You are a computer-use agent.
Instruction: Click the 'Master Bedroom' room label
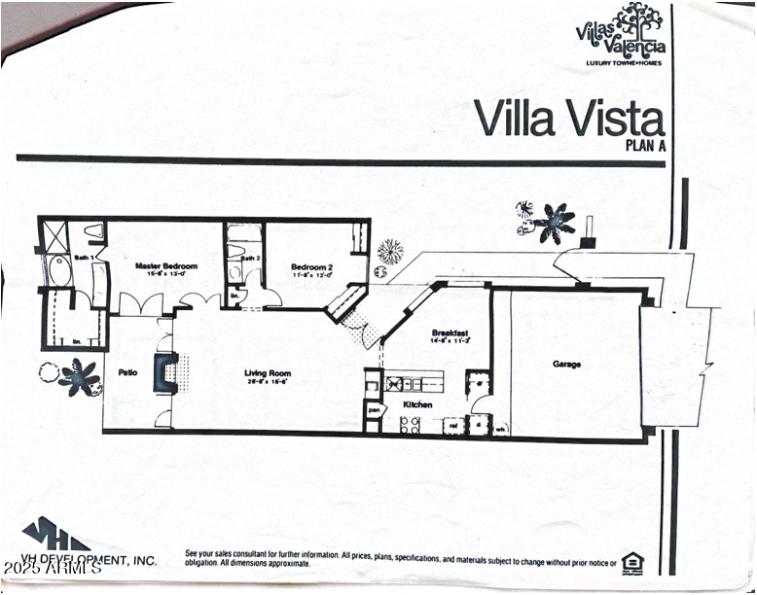[166, 266]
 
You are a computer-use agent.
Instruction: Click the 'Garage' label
[567, 364]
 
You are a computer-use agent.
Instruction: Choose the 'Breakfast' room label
[451, 332]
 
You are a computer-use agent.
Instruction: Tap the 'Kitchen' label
[418, 404]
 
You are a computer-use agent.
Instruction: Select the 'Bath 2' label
[251, 258]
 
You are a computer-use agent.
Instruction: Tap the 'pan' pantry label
[373, 412]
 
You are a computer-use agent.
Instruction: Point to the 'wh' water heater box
[500, 428]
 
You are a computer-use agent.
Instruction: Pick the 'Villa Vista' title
[569, 119]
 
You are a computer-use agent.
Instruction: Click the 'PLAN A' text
[644, 147]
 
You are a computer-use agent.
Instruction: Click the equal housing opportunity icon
[633, 561]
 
